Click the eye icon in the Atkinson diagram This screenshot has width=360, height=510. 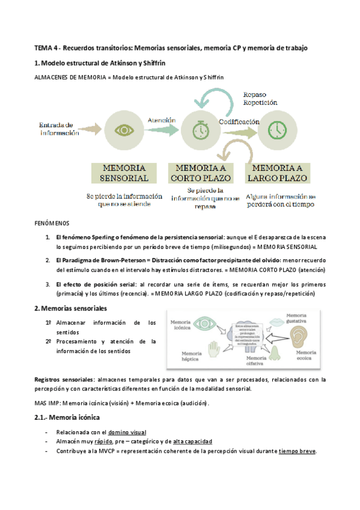pyautogui.click(x=124, y=130)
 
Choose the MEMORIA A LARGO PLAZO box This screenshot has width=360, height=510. pyautogui.click(x=278, y=172)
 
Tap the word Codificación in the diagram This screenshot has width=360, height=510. pyautogui.click(x=238, y=121)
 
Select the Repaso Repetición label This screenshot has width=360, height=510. pyautogui.click(x=260, y=98)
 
